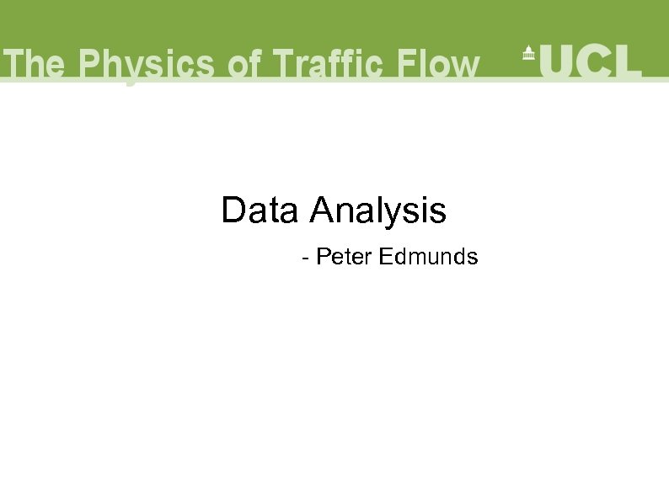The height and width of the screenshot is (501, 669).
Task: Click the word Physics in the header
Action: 138,65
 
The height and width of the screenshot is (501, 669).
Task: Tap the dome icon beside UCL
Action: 528,52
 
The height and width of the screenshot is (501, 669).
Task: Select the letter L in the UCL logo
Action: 629,60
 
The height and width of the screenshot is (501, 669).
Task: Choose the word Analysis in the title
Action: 377,211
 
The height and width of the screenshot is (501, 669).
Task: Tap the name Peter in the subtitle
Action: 344,257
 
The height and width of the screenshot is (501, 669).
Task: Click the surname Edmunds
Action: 428,257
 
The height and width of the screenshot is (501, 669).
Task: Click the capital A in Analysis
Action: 321,211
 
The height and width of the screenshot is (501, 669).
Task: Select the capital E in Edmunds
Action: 385,257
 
